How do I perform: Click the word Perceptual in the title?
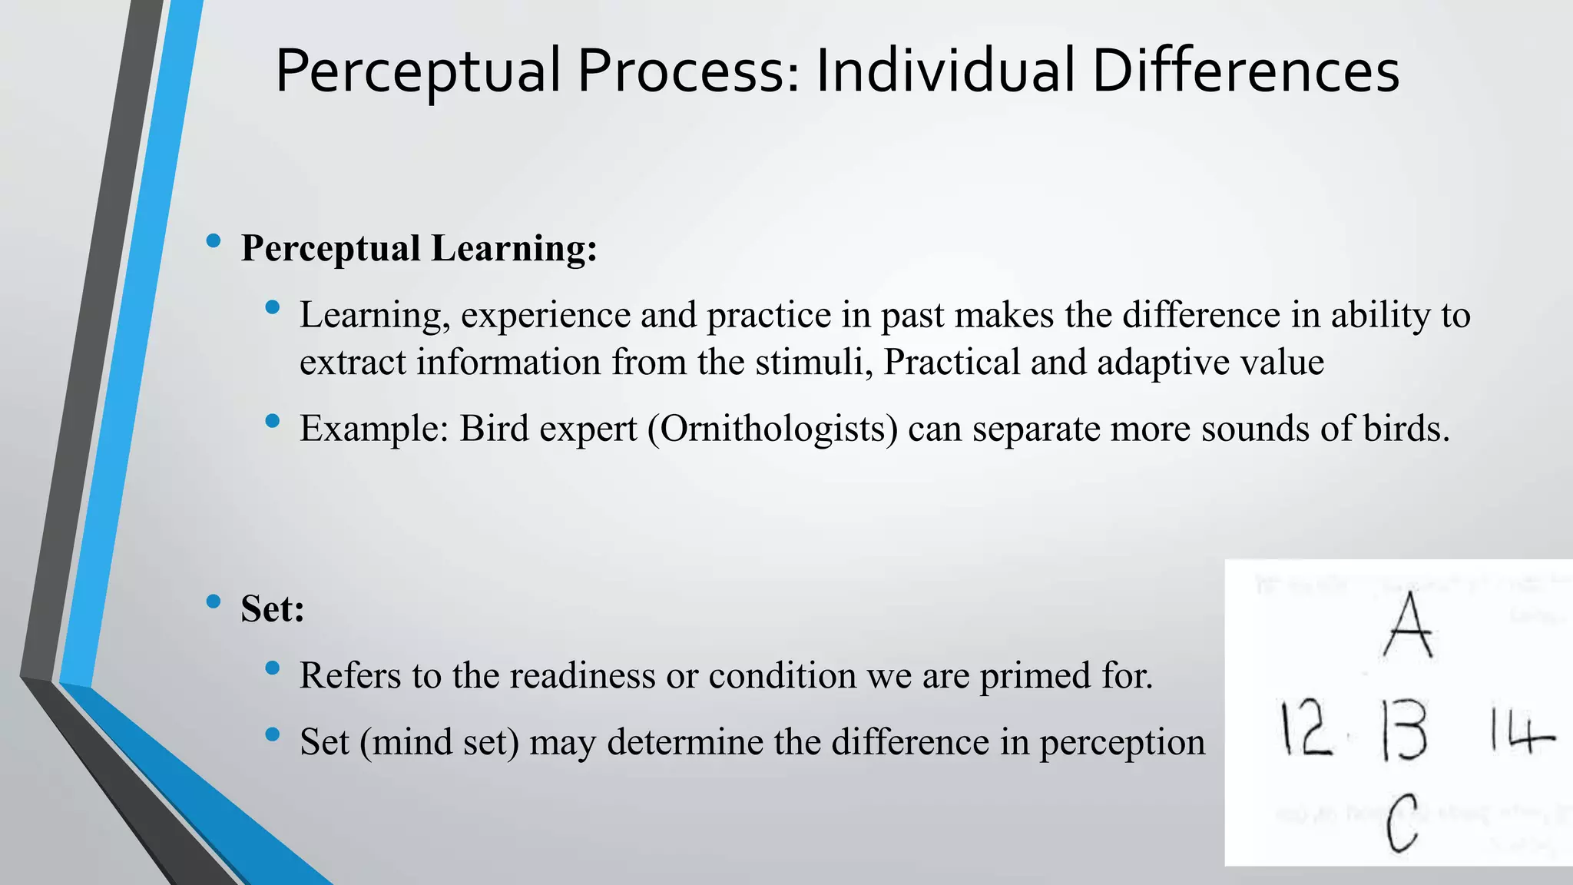click(x=418, y=71)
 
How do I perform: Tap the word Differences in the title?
click(x=1245, y=71)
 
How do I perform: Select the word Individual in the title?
click(x=945, y=71)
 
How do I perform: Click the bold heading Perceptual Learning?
click(x=419, y=249)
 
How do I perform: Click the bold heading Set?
click(x=273, y=609)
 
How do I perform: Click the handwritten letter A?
click(x=1408, y=625)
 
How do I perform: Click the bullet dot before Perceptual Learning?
click(x=214, y=241)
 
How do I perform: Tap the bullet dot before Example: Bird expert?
click(x=272, y=421)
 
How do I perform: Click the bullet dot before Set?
click(x=214, y=602)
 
